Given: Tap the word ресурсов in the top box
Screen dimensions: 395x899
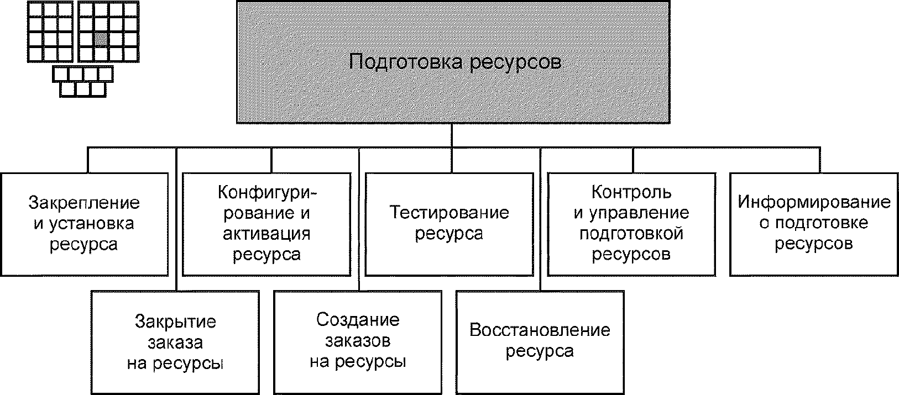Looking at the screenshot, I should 515,62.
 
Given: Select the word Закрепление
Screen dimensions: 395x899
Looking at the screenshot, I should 84,203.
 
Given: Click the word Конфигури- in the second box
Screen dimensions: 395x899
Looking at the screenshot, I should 266,193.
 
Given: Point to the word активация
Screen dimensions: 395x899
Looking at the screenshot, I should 266,234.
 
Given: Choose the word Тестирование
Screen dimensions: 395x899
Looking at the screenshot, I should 449,213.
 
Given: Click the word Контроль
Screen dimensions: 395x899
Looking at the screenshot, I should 631,192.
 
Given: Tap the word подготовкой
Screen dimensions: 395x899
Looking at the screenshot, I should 631,233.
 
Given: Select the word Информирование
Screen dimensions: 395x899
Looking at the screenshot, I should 814,202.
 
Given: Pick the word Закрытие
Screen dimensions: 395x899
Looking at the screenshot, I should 175,322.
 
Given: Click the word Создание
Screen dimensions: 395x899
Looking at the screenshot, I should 358,320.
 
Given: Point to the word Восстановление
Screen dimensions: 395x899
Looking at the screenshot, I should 540,330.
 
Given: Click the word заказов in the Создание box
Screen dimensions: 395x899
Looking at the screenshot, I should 358,341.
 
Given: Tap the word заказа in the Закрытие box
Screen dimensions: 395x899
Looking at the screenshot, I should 175,343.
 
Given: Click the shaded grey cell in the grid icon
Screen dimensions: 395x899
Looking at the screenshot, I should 101,39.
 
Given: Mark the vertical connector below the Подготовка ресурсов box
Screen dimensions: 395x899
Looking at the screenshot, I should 452,135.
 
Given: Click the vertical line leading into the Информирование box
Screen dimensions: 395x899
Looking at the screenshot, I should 819,160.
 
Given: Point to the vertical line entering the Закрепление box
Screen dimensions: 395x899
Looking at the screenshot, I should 87,160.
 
